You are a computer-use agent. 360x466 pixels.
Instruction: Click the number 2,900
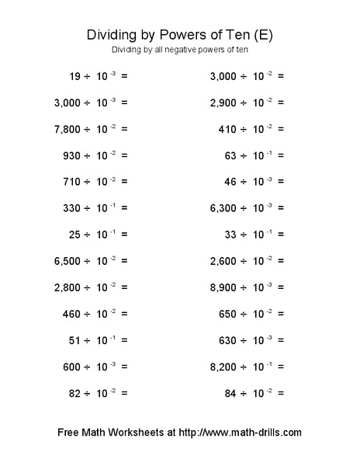(224, 103)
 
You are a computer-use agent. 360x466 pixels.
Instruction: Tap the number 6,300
(224, 208)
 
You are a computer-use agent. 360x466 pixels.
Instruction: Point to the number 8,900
(224, 287)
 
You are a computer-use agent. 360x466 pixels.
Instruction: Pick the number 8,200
(224, 367)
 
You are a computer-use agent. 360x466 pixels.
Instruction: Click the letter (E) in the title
(264, 36)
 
